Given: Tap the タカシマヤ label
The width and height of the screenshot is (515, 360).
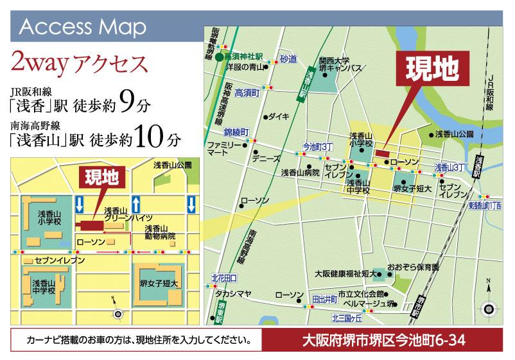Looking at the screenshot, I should (x=232, y=294).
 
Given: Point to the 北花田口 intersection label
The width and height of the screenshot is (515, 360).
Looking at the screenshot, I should (x=224, y=278).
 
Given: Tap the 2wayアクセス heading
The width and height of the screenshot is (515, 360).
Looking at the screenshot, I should (x=80, y=64).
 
